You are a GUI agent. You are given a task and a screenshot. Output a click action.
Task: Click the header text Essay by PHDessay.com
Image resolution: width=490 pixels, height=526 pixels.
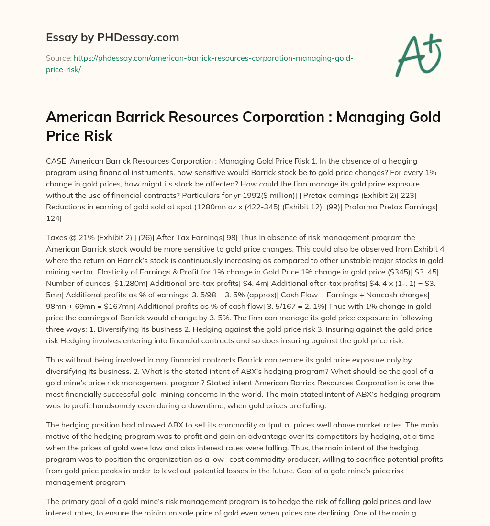112,37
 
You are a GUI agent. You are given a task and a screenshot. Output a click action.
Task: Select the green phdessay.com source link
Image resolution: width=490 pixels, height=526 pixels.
213,58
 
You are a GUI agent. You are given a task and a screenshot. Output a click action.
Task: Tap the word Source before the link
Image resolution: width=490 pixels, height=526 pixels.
57,58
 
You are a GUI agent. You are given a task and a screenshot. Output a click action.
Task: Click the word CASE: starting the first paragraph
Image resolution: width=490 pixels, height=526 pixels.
57,161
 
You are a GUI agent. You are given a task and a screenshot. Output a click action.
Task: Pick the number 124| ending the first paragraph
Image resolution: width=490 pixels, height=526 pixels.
54,219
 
